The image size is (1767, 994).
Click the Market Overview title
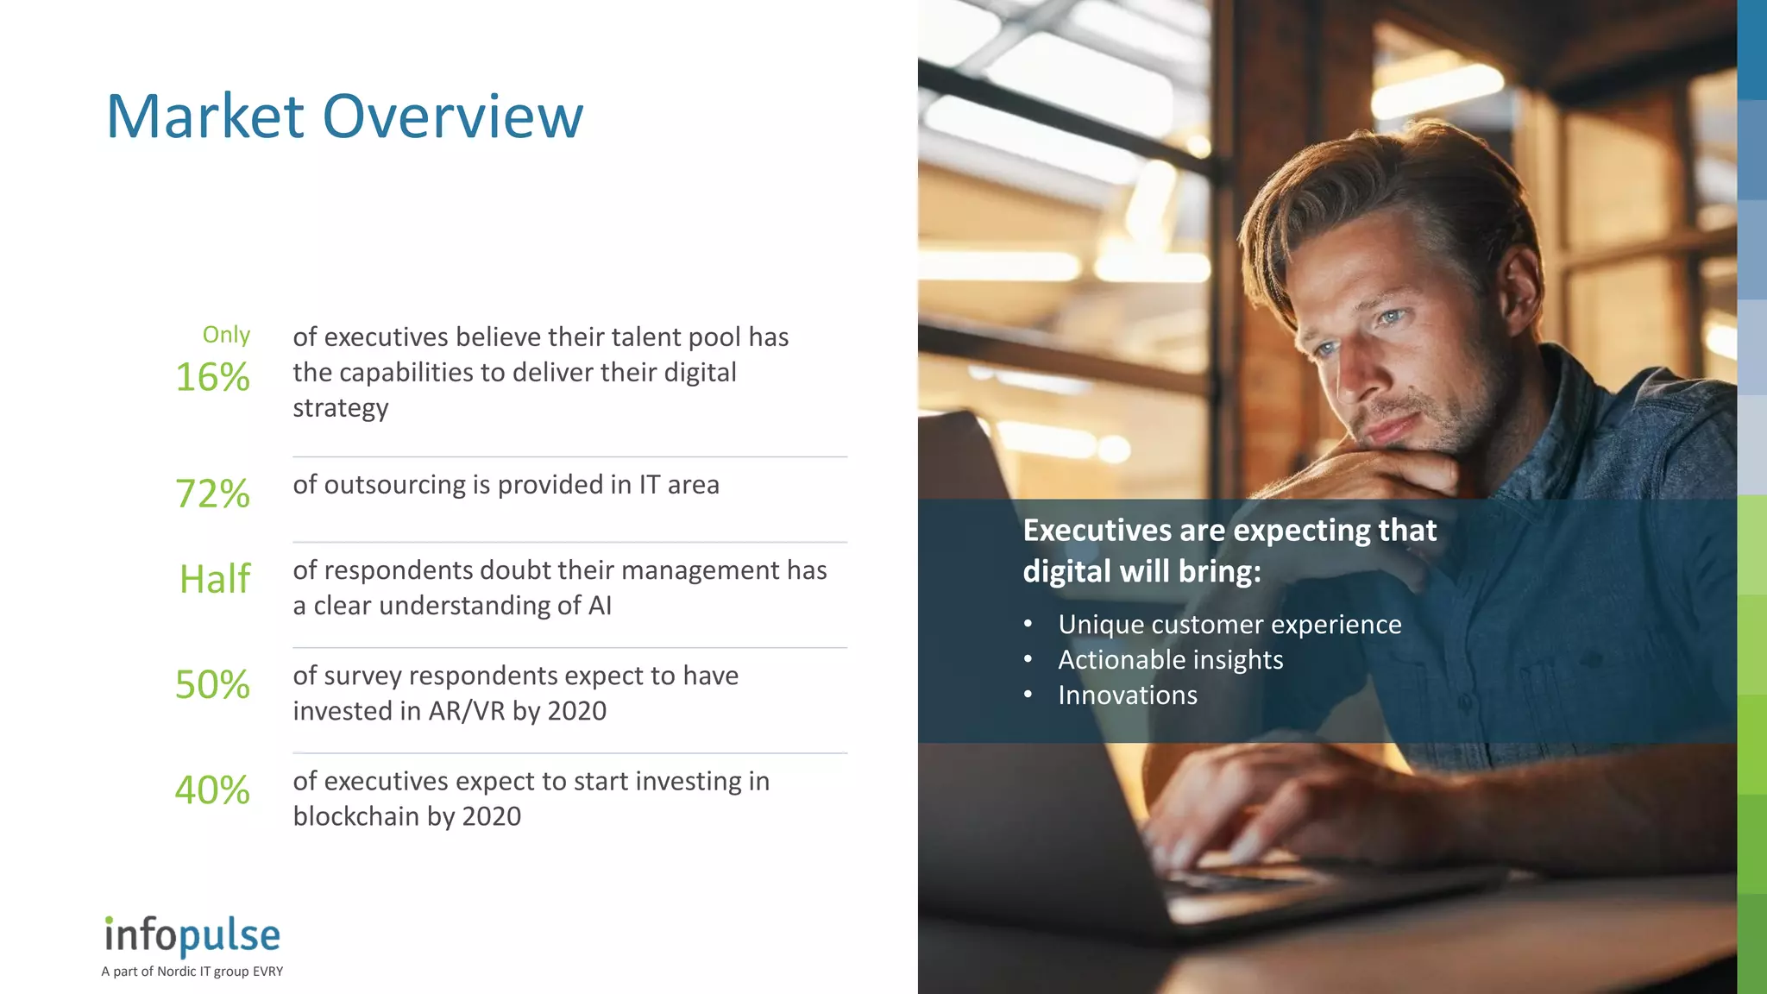point(344,116)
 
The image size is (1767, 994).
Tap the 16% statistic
point(212,377)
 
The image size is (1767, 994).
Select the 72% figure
point(212,494)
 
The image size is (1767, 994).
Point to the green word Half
point(215,578)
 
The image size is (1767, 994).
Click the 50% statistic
point(212,684)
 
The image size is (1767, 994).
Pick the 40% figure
point(212,790)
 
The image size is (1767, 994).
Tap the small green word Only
point(226,335)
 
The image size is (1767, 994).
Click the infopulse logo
point(192,935)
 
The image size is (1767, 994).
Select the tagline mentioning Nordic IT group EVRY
point(192,972)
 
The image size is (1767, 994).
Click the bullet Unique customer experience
point(1229,624)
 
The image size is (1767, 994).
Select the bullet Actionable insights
point(1170,660)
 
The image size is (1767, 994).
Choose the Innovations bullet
point(1128,695)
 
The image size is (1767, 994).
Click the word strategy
point(340,408)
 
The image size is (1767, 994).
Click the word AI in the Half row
point(600,606)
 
